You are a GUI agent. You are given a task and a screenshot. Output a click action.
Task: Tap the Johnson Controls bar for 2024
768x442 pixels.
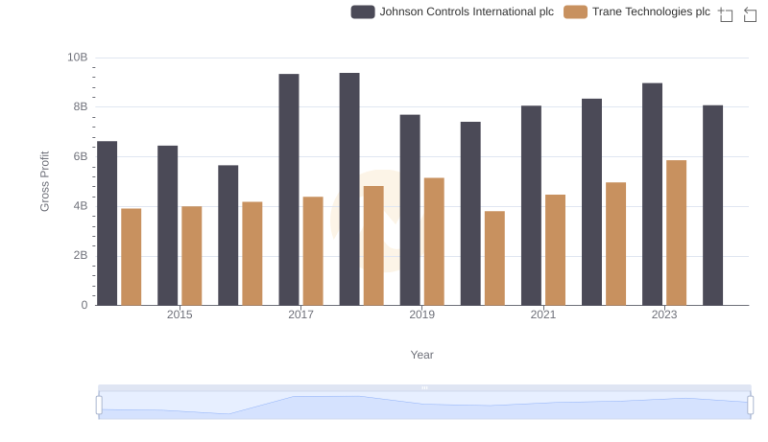tap(712, 205)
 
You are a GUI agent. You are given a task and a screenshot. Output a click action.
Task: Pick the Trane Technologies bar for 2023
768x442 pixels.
tap(676, 233)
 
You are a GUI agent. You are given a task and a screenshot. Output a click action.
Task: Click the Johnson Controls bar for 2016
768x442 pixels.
tap(228, 235)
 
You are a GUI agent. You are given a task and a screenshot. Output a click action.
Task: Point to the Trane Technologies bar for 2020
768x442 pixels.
tap(494, 258)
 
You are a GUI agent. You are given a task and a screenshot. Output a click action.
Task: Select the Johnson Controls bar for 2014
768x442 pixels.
tap(108, 223)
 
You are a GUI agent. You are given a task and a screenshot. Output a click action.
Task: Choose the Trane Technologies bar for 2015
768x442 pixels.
tap(192, 256)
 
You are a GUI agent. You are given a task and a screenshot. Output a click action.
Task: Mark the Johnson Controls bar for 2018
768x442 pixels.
tap(349, 189)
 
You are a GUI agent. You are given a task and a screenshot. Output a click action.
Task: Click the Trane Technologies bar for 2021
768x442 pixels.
tap(555, 250)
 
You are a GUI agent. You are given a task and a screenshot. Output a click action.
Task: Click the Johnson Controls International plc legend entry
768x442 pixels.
tap(452, 12)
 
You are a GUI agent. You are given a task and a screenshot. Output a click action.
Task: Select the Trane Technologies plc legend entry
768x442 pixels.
tap(637, 12)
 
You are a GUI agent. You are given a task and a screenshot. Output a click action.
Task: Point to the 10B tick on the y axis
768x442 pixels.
tap(78, 58)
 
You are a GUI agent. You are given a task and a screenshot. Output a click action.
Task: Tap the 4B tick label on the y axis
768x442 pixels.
tap(78, 206)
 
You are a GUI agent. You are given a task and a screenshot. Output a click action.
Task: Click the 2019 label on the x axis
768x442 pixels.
tap(421, 314)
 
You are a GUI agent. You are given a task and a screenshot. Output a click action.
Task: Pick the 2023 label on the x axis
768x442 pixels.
tap(664, 314)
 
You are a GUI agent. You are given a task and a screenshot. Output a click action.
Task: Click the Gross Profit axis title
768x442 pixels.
tap(44, 181)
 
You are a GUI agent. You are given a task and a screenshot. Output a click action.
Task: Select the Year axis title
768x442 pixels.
tap(422, 355)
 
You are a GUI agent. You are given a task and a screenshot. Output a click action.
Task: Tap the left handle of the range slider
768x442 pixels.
tap(99, 406)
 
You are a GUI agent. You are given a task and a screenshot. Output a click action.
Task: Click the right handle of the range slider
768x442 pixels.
tap(749, 406)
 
